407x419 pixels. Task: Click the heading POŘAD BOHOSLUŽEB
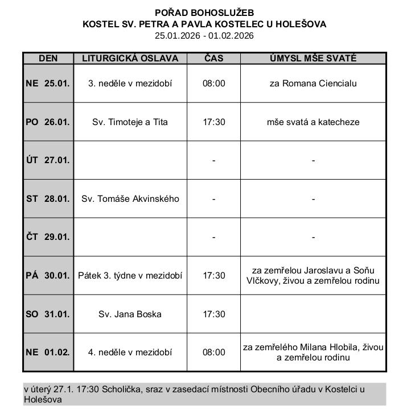204,13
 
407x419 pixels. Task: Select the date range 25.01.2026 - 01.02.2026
204,35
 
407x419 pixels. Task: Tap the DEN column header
48,58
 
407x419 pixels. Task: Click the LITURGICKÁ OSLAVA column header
130,58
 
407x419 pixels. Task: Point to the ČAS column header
213,58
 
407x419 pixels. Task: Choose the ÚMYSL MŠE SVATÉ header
313,58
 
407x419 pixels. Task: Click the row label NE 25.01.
48,83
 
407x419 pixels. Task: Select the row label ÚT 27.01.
48,160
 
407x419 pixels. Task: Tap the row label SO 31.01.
48,314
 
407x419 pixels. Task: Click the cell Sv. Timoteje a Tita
130,122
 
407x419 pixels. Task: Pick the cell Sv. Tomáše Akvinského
130,198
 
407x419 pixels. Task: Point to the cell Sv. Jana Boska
130,314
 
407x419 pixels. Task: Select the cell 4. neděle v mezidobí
130,352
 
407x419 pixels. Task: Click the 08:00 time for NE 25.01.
213,83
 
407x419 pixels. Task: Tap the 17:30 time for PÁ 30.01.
213,275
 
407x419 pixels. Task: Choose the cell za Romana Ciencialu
313,83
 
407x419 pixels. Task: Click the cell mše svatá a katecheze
313,122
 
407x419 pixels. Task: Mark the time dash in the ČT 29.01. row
213,237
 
